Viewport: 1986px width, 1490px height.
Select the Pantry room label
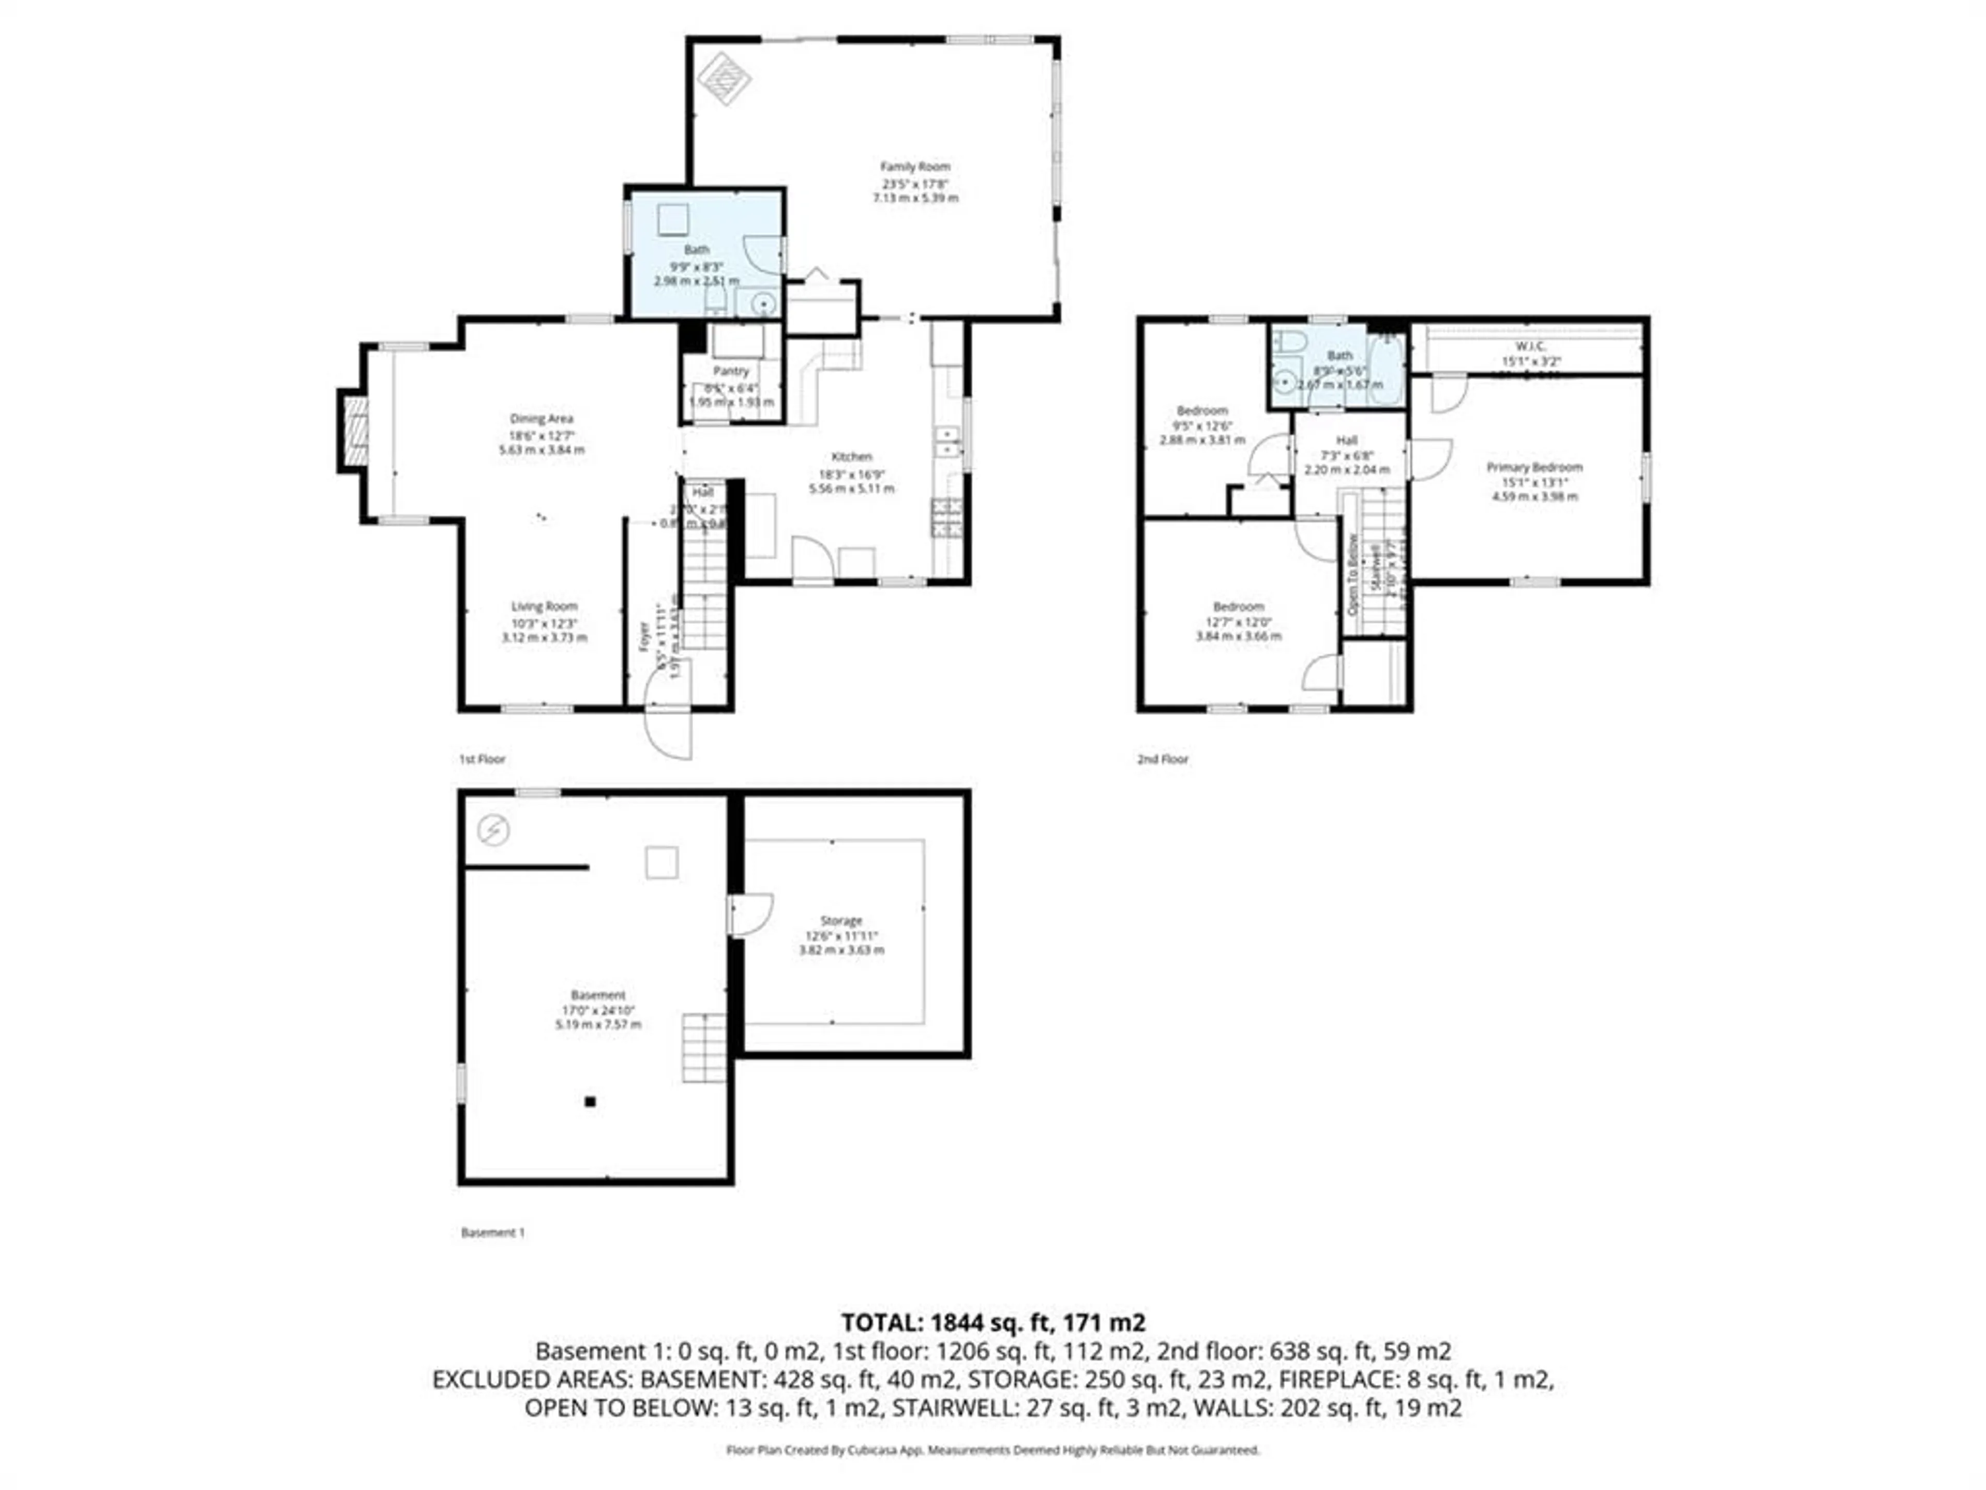click(x=731, y=371)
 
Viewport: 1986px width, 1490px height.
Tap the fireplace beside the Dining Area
click(x=355, y=431)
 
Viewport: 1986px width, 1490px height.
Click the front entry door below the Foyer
click(x=669, y=732)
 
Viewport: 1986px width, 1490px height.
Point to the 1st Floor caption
click(x=482, y=759)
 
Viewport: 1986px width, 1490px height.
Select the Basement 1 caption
click(x=492, y=1232)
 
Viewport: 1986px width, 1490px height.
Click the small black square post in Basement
click(x=590, y=1101)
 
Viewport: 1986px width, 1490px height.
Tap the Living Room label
click(x=544, y=606)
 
